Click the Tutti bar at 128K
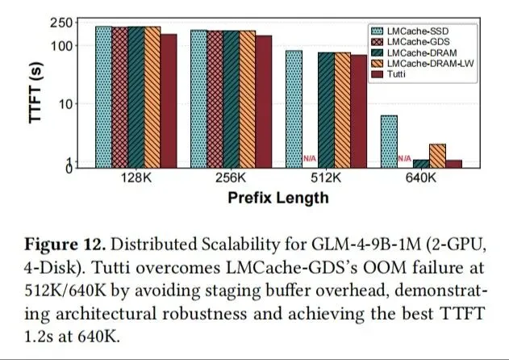[x=169, y=101]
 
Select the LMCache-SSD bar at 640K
[x=389, y=142]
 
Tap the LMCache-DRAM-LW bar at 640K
[x=437, y=156]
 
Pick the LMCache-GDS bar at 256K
[x=215, y=99]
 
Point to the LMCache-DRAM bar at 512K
[x=326, y=110]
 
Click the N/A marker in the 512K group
[x=310, y=158]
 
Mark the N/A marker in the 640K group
[x=405, y=158]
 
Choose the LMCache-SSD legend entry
[x=411, y=31]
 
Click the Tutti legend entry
[x=389, y=74]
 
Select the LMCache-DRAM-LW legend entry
[x=423, y=63]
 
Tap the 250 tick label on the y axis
[x=60, y=23]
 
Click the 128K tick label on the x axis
[x=136, y=178]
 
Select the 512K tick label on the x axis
[x=326, y=178]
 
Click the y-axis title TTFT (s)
[x=35, y=93]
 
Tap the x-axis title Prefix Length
[x=278, y=198]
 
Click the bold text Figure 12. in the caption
[x=65, y=245]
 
